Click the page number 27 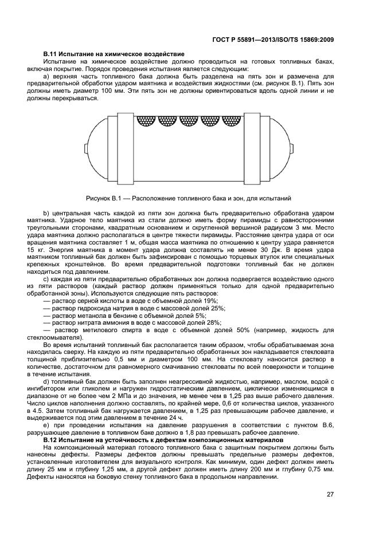330,495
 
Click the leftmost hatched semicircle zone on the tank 147,121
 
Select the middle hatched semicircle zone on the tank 189,121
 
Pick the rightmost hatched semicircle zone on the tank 232,121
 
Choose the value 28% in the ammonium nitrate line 214,323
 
